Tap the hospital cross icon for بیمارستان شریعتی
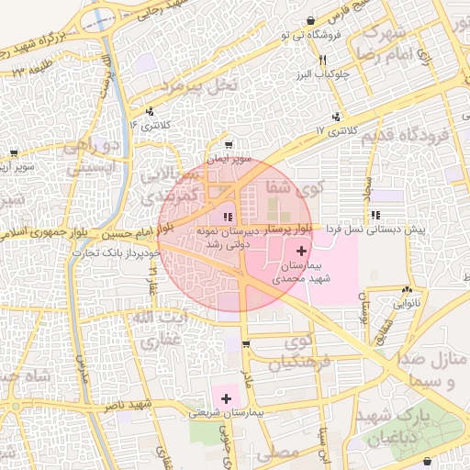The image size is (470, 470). [226, 397]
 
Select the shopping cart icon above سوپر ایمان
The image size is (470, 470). [228, 144]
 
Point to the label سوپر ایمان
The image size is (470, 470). [227, 159]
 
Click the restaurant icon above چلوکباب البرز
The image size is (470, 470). [322, 61]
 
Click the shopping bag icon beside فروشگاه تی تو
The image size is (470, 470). [312, 20]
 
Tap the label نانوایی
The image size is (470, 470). [407, 301]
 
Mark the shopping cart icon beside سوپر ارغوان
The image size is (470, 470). [14, 153]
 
